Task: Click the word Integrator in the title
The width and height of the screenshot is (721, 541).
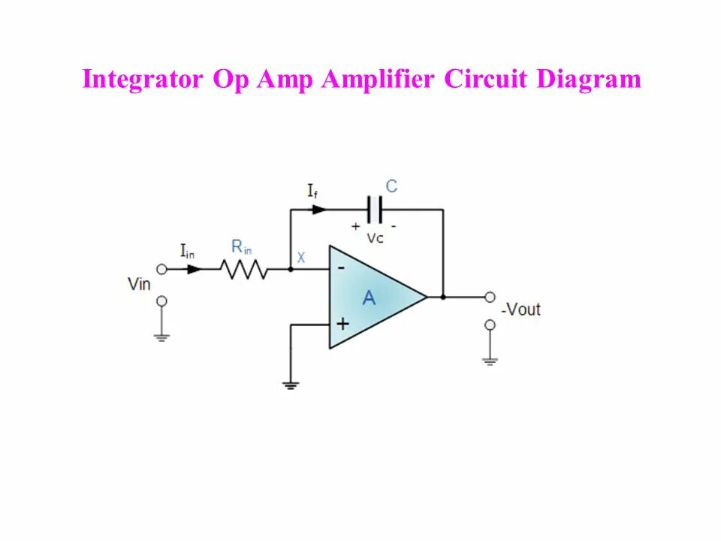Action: point(142,79)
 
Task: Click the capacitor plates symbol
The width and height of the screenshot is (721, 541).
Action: point(374,210)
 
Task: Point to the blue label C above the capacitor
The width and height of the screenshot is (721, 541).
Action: point(391,186)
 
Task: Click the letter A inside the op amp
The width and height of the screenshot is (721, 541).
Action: point(369,298)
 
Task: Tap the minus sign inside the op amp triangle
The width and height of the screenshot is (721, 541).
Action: point(342,267)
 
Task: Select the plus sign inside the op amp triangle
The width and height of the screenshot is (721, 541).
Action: point(342,324)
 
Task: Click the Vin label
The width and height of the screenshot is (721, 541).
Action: point(140,284)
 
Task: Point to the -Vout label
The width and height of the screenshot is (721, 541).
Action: point(520,309)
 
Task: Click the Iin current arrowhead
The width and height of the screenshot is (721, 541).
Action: point(194,269)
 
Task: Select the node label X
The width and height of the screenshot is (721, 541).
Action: point(301,257)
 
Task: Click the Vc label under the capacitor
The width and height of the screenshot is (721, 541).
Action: point(376,237)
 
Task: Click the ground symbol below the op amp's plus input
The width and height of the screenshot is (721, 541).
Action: point(291,385)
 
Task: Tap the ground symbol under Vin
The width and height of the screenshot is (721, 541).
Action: point(161,337)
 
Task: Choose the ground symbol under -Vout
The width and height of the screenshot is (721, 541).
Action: point(490,361)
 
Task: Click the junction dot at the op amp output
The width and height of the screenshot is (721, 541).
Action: point(443,297)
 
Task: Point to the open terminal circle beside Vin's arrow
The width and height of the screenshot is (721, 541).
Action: point(161,269)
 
